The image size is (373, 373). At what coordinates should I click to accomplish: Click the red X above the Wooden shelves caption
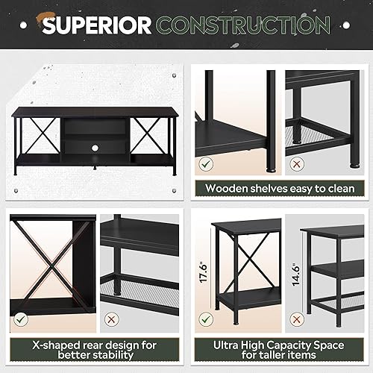297,162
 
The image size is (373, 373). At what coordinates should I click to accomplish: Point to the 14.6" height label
297,266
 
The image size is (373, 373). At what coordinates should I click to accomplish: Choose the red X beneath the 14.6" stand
297,319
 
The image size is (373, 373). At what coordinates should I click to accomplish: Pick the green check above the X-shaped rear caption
21,319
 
